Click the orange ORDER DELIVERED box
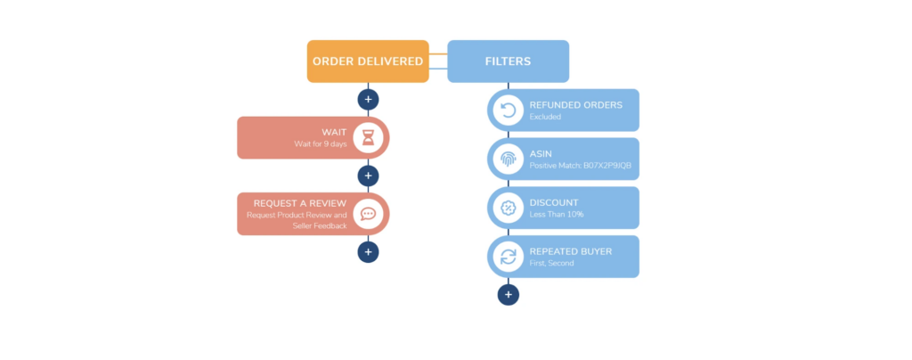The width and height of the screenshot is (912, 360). point(367,61)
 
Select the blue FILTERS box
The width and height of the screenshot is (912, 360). point(508,61)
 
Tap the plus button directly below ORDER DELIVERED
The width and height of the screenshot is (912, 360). point(368,100)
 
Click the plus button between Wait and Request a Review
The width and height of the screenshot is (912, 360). point(368,176)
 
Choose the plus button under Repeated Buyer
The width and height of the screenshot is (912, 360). point(508,294)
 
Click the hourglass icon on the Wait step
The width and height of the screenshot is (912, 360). point(368,138)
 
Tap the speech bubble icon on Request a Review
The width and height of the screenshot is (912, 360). point(368,214)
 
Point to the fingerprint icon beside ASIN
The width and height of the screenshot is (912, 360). point(509,160)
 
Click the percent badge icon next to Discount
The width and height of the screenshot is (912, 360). point(509,208)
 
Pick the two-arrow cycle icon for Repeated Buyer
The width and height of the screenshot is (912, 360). point(509,257)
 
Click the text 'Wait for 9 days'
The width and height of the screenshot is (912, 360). point(322,144)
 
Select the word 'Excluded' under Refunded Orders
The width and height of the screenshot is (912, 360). point(546,117)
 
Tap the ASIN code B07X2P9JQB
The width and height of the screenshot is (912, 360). point(604,166)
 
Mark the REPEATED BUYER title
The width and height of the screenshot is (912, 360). point(570,251)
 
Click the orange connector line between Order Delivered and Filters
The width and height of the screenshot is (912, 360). point(437,54)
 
